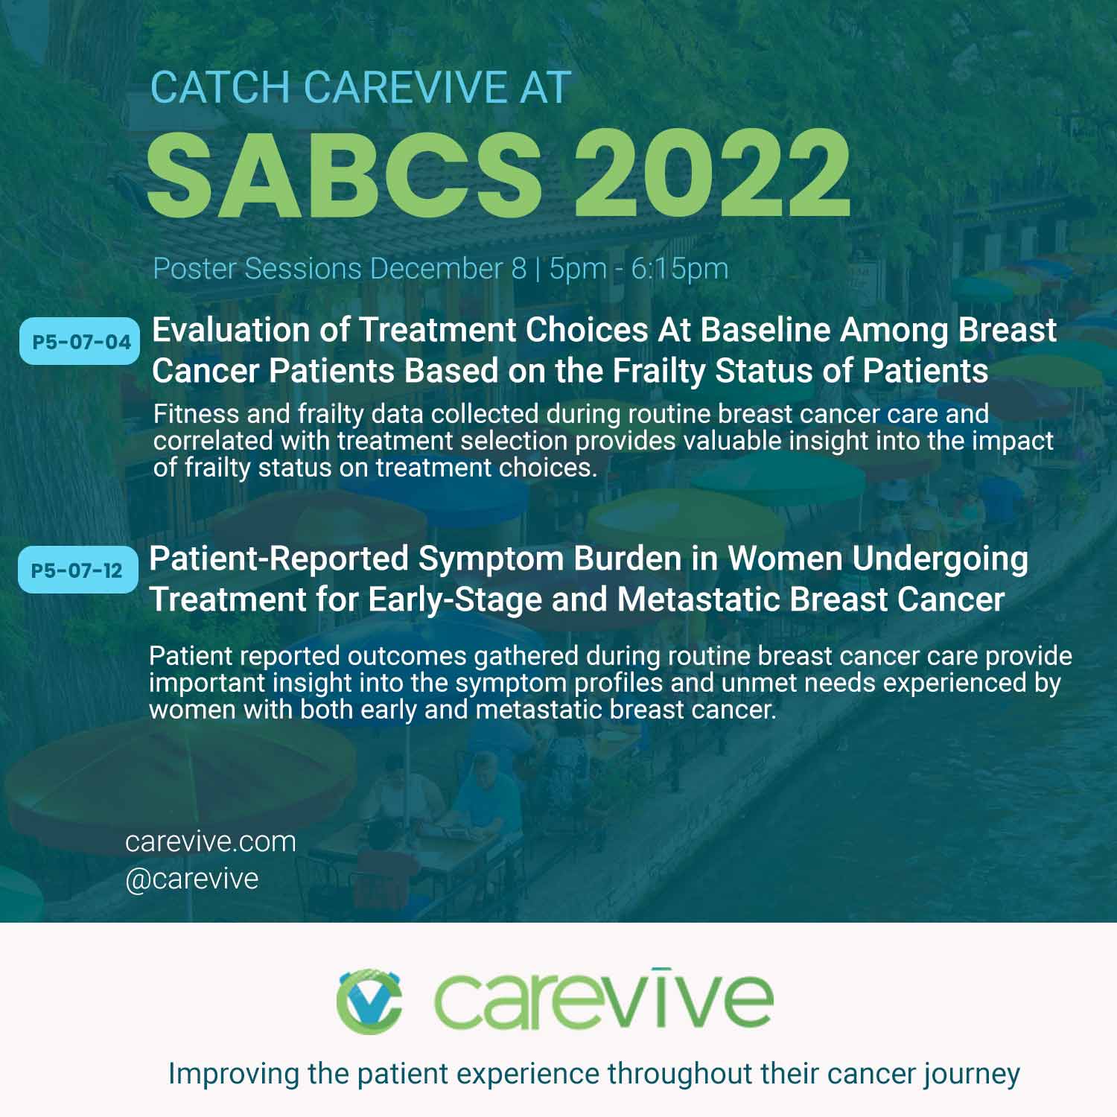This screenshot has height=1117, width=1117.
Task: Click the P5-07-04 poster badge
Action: click(x=80, y=342)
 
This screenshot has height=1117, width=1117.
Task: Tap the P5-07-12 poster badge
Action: click(x=77, y=570)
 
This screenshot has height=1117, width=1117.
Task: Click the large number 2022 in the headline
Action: click(x=713, y=173)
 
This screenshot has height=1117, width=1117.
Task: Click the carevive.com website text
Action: click(x=211, y=841)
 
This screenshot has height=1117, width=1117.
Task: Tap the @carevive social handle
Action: click(x=192, y=879)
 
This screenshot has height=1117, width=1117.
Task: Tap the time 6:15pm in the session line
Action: click(x=680, y=269)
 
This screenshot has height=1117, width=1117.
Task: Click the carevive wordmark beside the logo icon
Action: click(x=604, y=998)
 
